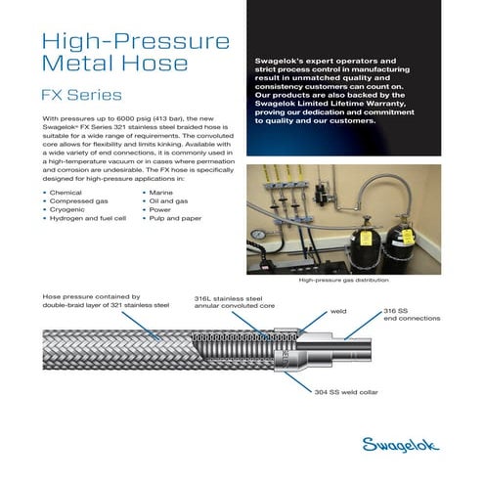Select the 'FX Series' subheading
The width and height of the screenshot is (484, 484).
81,96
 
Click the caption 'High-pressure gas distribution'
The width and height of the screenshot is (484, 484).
350,280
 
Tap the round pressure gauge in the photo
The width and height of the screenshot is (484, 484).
256,236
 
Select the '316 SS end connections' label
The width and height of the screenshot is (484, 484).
411,315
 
